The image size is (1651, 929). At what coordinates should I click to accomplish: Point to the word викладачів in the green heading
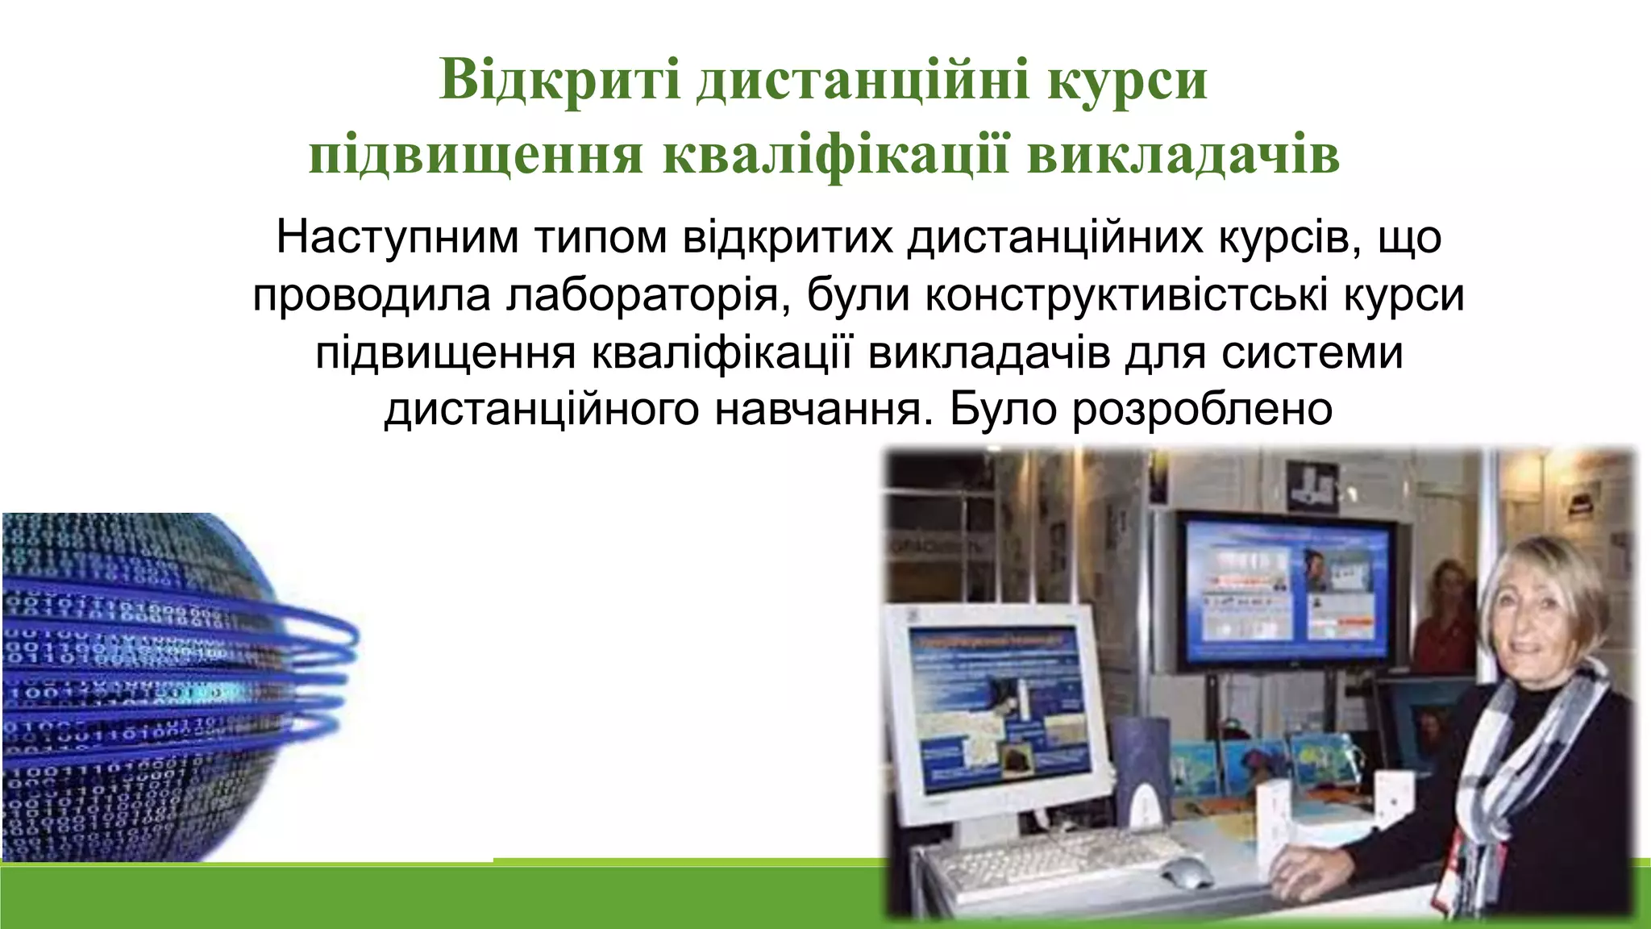[1183, 156]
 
